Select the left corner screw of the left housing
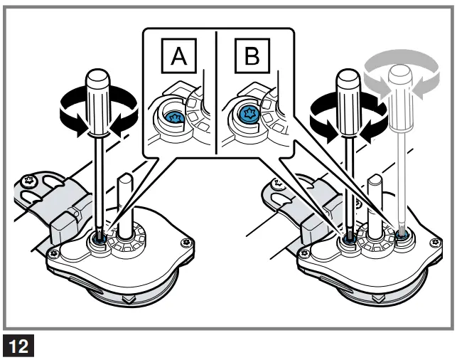click(x=52, y=251)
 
